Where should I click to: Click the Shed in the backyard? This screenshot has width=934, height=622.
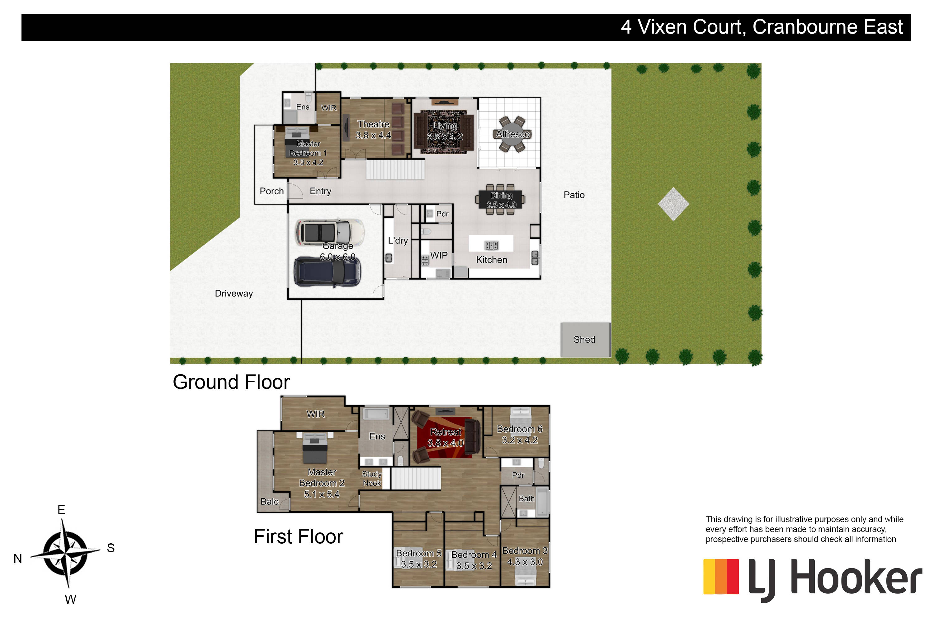point(585,340)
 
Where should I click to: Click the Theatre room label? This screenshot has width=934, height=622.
point(373,124)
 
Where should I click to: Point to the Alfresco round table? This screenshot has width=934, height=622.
point(512,134)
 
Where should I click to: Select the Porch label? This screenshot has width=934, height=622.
point(271,191)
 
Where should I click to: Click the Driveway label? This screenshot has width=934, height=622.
point(234,294)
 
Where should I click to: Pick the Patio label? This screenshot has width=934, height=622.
point(574,195)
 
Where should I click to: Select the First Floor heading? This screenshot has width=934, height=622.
point(298,537)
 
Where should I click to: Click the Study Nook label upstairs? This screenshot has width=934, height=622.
point(372,478)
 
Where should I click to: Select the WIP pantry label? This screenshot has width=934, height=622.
point(439,255)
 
